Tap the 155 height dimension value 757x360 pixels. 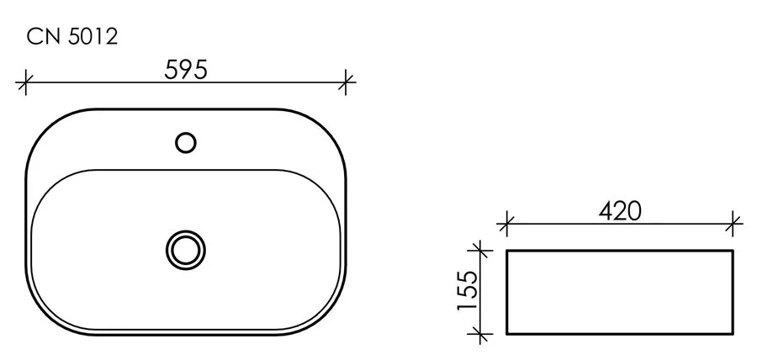point(467,291)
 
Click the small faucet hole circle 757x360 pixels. point(186,142)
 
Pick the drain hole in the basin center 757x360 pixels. point(185,248)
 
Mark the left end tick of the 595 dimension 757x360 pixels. point(26,82)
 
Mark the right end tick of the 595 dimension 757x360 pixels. point(347,82)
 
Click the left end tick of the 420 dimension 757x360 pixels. point(506,224)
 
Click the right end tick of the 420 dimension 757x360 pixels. point(734,224)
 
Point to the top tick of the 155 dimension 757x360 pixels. point(479,250)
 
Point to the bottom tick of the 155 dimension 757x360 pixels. point(479,334)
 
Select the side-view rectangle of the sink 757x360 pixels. point(619,292)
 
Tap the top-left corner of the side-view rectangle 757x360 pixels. point(507,251)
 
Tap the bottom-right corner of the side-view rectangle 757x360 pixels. point(733,334)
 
